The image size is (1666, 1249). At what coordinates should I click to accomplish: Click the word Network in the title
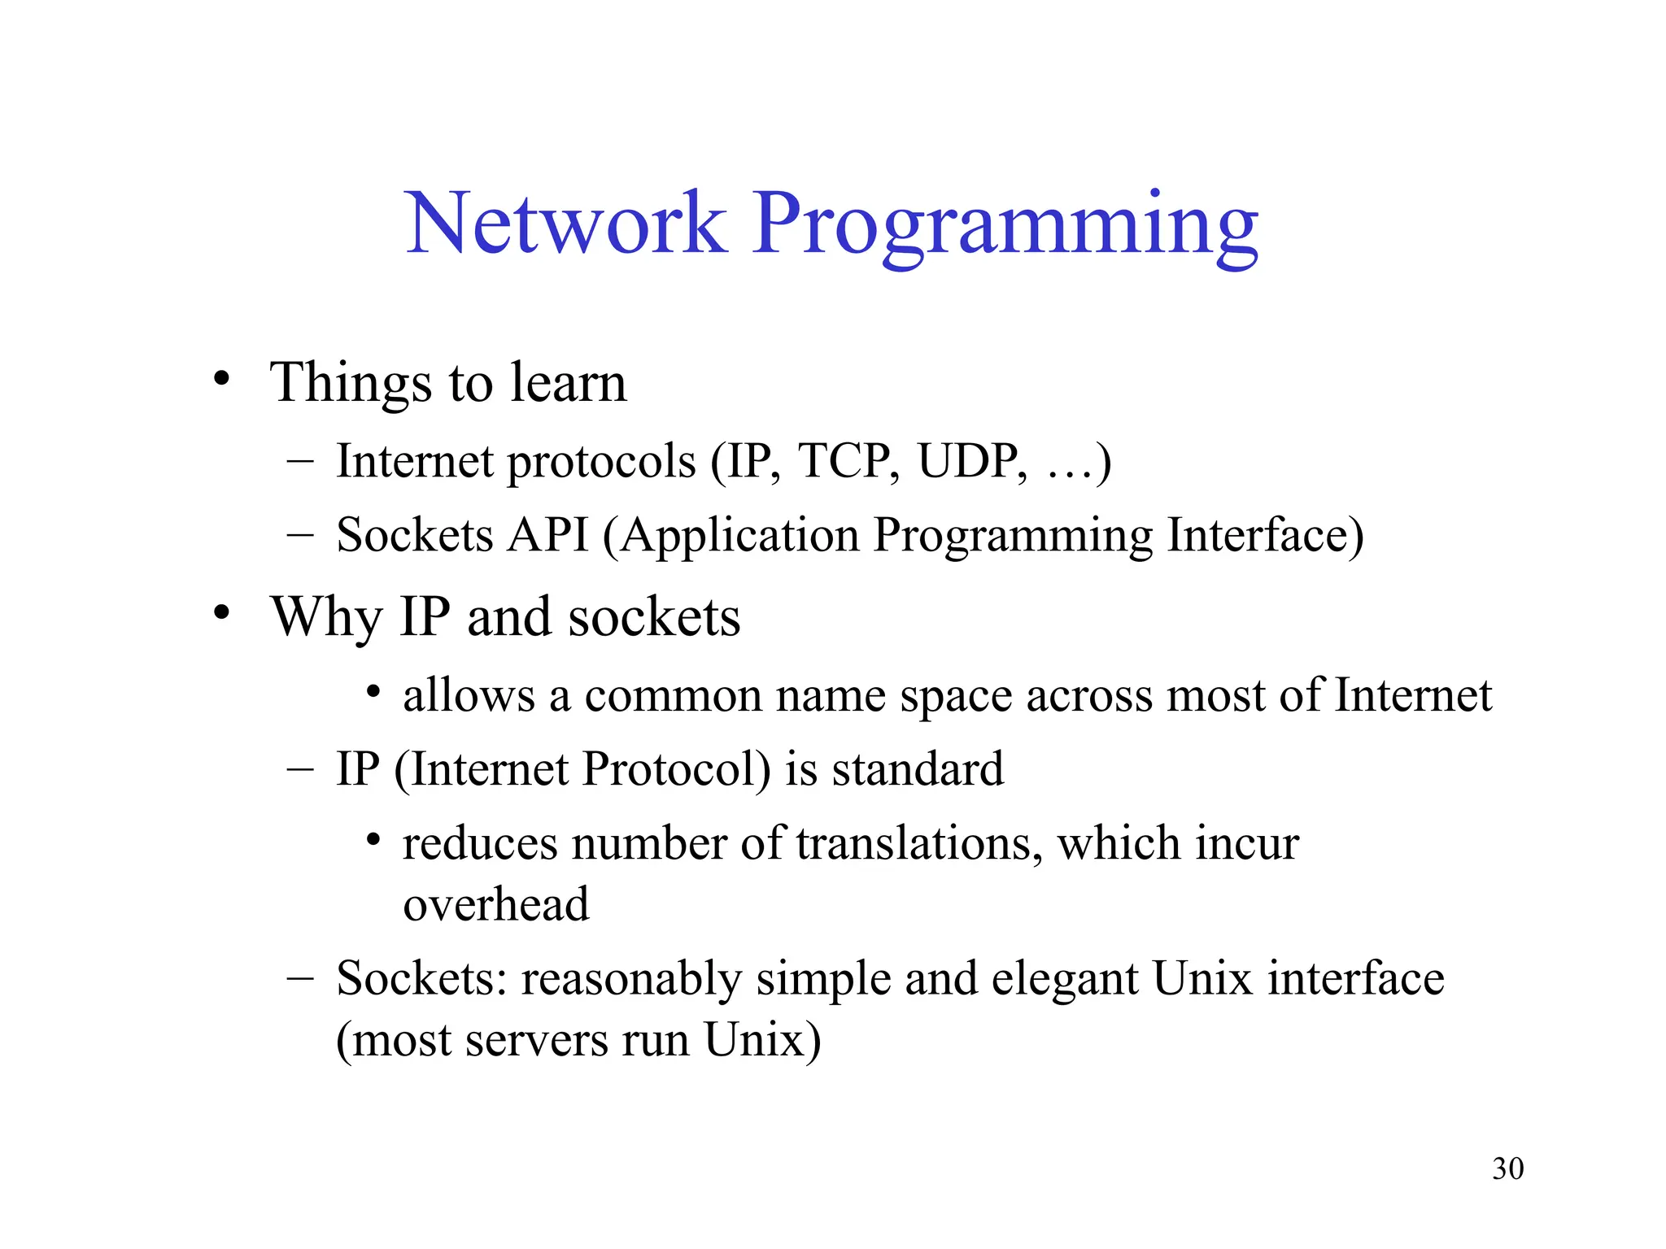(565, 223)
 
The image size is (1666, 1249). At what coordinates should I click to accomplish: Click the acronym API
(547, 535)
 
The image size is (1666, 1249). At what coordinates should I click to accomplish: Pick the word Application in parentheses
(740, 537)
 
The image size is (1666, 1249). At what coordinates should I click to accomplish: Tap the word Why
(326, 618)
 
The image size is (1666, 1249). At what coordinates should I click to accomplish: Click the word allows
(469, 696)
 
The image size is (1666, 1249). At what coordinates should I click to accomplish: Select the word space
(956, 698)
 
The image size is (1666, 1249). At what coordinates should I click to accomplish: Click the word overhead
(496, 904)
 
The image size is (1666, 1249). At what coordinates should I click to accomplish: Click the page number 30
(1507, 1168)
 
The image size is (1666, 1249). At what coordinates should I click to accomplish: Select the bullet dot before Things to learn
(221, 379)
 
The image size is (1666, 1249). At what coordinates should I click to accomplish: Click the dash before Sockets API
(300, 536)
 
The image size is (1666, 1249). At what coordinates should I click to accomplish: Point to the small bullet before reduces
(373, 839)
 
